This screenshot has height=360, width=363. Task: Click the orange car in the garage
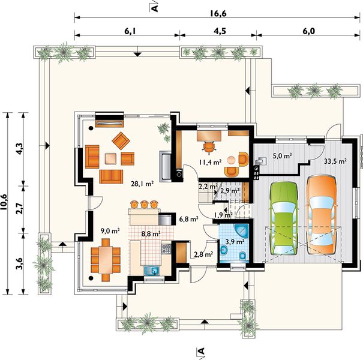point(322,215)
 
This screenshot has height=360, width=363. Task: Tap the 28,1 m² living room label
point(142,184)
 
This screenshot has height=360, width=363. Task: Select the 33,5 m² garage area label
point(335,161)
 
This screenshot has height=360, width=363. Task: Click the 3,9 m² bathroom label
point(235,242)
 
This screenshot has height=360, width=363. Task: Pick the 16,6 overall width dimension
point(218,14)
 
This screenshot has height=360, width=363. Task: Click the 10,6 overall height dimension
point(4,202)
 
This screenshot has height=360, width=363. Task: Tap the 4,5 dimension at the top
point(220,31)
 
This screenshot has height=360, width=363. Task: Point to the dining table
point(106,260)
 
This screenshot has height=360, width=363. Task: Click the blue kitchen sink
point(151,271)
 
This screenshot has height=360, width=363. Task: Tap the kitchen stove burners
point(166,248)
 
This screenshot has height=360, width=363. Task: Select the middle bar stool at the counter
point(144,204)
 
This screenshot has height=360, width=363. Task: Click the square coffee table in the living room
point(110,158)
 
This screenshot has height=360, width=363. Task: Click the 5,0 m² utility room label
point(282,156)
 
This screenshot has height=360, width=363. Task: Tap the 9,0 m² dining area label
point(110,230)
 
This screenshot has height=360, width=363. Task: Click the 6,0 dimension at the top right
point(309,31)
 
